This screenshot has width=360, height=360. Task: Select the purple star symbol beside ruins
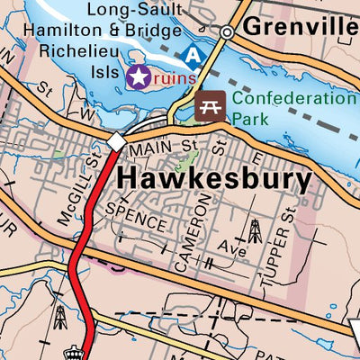point(138,77)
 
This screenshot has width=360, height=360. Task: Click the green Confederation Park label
point(292,108)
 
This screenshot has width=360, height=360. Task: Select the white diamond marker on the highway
point(117,141)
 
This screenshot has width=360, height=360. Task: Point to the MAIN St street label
point(163,145)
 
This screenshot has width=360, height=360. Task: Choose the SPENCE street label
point(136,216)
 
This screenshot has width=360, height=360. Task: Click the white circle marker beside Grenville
point(228,31)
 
